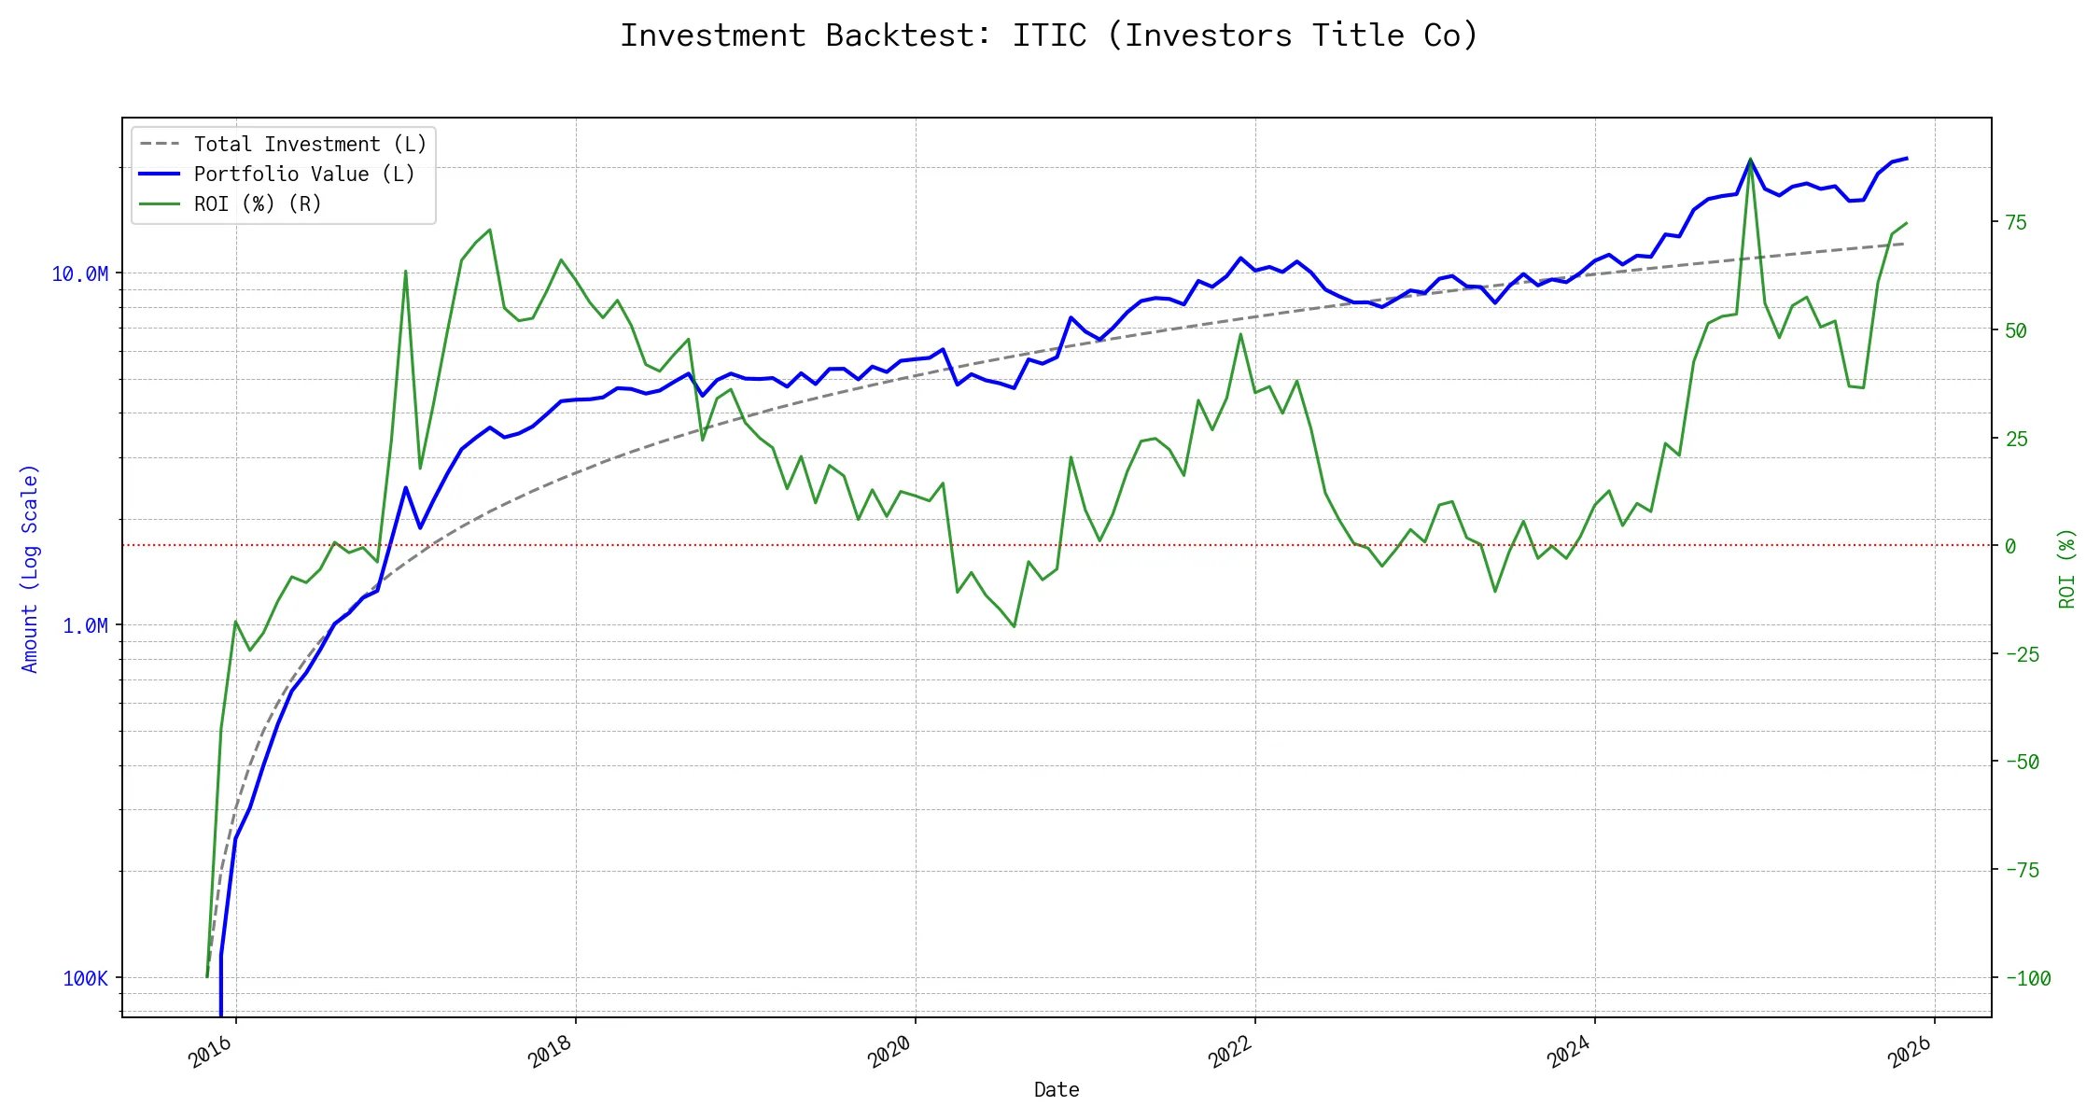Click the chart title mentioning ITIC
[x=1049, y=35]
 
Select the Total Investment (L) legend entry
[x=309, y=145]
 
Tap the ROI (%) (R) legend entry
[x=257, y=204]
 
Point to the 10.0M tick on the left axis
[x=79, y=273]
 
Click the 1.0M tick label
[x=85, y=625]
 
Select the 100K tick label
[x=85, y=978]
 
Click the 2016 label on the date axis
[x=211, y=1053]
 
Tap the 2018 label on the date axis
[x=551, y=1053]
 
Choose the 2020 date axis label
[x=890, y=1053]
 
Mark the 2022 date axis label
[x=1230, y=1053]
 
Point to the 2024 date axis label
[x=1570, y=1053]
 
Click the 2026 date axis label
[x=1910, y=1053]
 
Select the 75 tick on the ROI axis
[x=2016, y=222]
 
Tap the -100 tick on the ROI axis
[x=2027, y=978]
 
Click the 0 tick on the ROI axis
[x=2010, y=546]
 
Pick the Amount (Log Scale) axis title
[x=30, y=568]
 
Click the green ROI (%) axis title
[x=2067, y=568]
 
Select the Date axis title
[x=1057, y=1089]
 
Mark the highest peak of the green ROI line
[x=1750, y=160]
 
